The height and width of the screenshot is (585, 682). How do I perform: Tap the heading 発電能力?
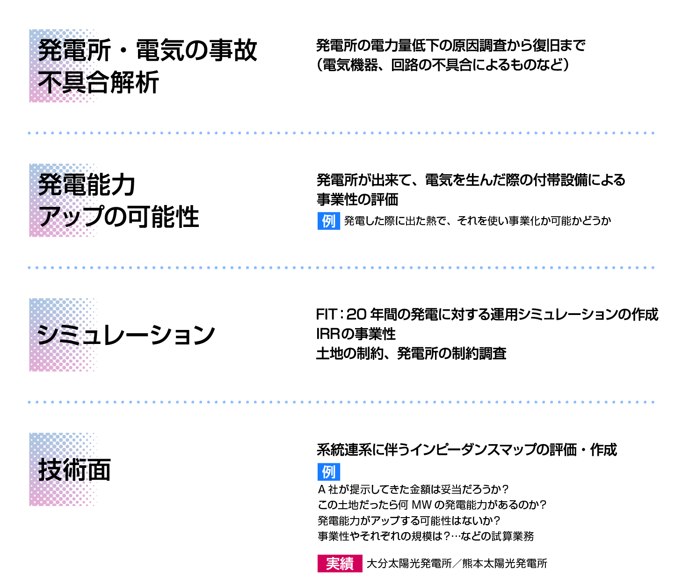coord(87,185)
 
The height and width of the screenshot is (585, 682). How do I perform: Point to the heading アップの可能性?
coord(119,217)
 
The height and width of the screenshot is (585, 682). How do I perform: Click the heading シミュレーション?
coord(126,335)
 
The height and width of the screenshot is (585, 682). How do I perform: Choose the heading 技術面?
coord(75,470)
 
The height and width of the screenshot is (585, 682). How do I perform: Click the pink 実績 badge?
coord(340,563)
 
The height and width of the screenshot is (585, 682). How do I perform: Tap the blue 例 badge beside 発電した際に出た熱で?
coord(328,221)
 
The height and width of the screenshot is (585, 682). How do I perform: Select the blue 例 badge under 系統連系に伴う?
coord(328,472)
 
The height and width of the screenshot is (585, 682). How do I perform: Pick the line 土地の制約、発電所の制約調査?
coord(411,353)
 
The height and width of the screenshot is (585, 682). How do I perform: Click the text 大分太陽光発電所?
coord(409,563)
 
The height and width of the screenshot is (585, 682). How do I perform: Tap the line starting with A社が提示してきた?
coord(413,490)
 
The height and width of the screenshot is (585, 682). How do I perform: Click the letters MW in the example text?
coord(421,505)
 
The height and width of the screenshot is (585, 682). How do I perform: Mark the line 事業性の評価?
coord(357,200)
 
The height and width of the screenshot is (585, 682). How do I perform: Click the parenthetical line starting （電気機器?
coord(443,65)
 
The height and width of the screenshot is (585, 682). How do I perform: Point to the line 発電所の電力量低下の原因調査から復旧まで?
coord(450,46)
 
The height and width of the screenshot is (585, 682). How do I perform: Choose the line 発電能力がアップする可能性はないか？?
coord(409,520)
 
